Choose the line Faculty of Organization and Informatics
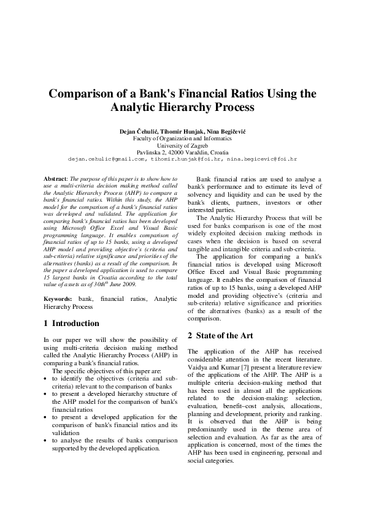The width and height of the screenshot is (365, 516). (x=182, y=139)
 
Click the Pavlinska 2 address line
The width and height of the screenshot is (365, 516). (x=182, y=152)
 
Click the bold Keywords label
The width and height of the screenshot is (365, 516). (x=58, y=298)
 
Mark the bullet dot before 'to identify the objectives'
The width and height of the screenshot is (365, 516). (x=47, y=379)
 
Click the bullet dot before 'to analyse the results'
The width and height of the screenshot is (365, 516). (x=47, y=441)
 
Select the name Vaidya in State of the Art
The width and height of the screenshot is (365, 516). (x=198, y=365)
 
